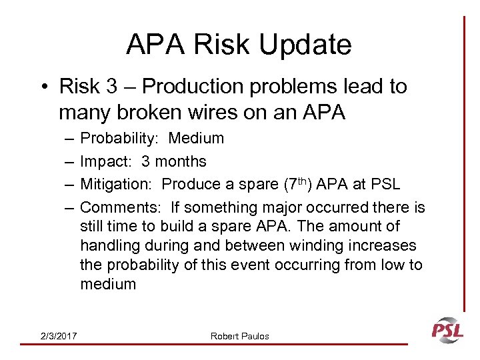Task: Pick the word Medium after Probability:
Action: [196, 139]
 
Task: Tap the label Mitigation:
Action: [117, 185]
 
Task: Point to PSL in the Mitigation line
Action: [385, 185]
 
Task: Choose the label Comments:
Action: [121, 208]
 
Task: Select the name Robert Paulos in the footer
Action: [240, 336]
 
